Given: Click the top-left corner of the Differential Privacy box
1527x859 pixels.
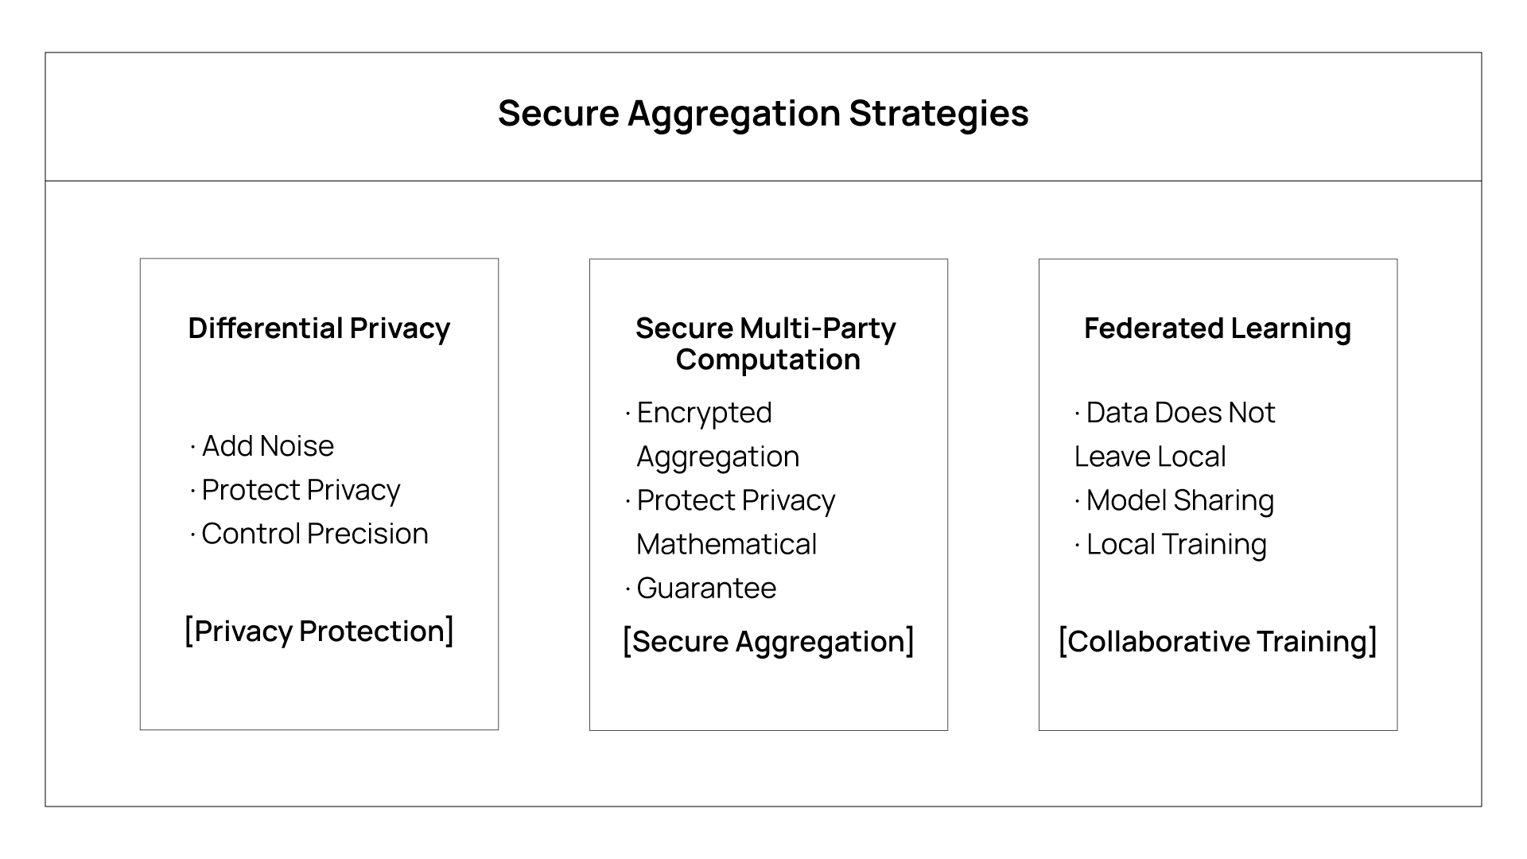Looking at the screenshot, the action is [141, 258].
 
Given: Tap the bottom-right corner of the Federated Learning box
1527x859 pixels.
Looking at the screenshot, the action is [1397, 730].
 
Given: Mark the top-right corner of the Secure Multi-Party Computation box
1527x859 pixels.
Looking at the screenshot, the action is [948, 259].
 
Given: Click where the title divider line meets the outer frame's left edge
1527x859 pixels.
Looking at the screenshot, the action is [45, 181].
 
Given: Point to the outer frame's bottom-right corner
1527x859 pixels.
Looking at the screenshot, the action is [1482, 807].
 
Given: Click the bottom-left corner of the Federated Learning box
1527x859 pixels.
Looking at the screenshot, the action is [1039, 730].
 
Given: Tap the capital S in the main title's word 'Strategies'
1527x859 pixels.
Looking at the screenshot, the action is [861, 113].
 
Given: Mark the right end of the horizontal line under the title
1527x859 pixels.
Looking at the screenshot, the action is [1482, 181].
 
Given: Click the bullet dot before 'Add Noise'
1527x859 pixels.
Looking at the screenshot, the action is [192, 448].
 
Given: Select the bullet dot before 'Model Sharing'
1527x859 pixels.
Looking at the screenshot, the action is [1078, 502].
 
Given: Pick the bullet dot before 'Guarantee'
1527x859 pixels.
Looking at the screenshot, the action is [628, 589].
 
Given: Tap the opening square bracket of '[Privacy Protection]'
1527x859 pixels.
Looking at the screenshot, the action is [188, 631].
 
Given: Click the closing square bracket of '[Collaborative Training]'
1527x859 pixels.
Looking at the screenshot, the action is [1372, 641].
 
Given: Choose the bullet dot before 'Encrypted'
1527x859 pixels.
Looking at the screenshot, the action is [628, 414].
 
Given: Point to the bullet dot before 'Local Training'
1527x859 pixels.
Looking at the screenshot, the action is [1078, 546].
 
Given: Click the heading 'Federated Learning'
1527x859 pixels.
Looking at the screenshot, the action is [1218, 328].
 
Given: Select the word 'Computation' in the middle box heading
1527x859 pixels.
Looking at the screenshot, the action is [768, 360].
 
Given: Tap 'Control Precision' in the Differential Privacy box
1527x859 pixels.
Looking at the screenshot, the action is [315, 534].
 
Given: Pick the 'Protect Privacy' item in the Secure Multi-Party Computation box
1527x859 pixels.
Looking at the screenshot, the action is [736, 501].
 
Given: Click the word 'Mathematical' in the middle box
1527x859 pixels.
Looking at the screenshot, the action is [727, 544].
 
